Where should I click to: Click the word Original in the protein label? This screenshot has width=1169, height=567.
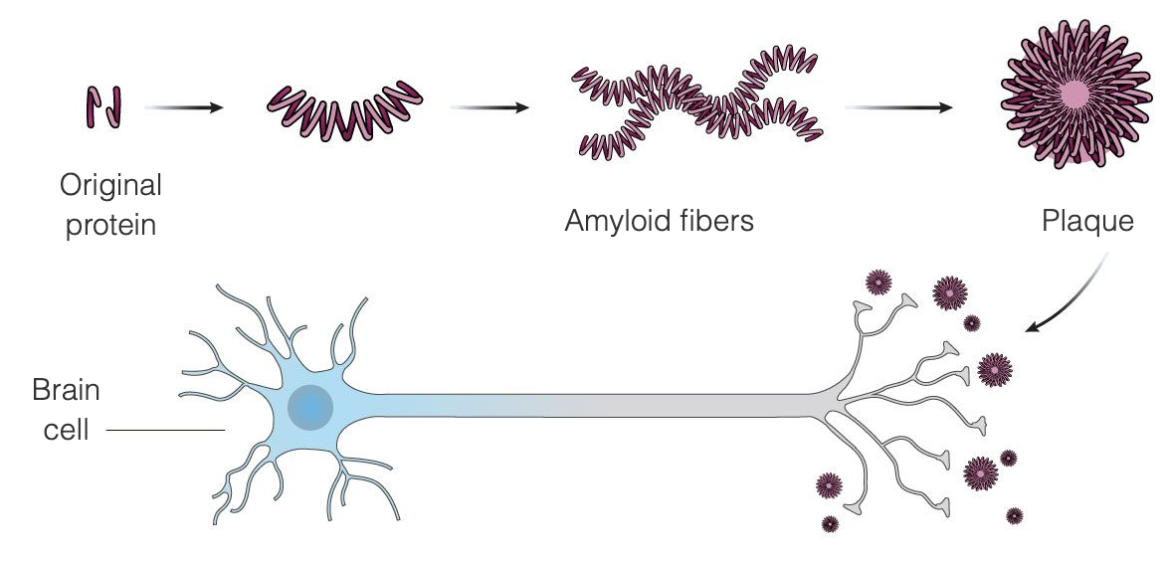pyautogui.click(x=110, y=185)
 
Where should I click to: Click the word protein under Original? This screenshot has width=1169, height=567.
pyautogui.click(x=110, y=225)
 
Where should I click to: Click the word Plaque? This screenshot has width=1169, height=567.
pyautogui.click(x=1087, y=221)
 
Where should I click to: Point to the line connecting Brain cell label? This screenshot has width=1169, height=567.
pyautogui.click(x=165, y=430)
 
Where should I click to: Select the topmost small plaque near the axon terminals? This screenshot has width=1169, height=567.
pyautogui.click(x=878, y=283)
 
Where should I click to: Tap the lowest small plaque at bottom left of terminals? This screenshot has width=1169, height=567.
pyautogui.click(x=830, y=523)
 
